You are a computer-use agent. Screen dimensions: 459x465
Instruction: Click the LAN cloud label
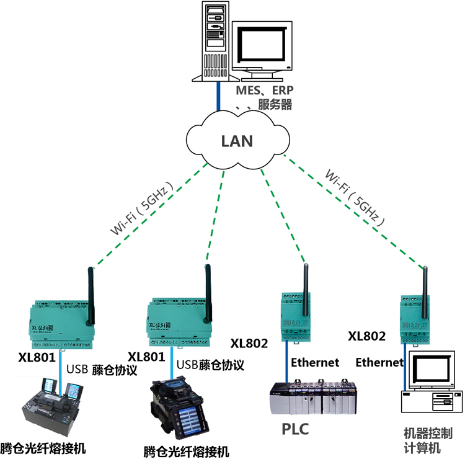click(237, 141)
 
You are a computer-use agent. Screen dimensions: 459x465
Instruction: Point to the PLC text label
click(295, 429)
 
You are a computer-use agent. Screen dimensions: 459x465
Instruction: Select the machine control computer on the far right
click(430, 384)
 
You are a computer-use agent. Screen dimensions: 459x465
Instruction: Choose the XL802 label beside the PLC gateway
click(249, 342)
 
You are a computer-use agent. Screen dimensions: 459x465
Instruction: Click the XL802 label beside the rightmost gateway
click(366, 336)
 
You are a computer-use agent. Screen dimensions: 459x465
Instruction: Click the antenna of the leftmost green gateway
click(91, 295)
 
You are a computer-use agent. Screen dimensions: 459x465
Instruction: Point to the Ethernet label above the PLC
click(315, 362)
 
